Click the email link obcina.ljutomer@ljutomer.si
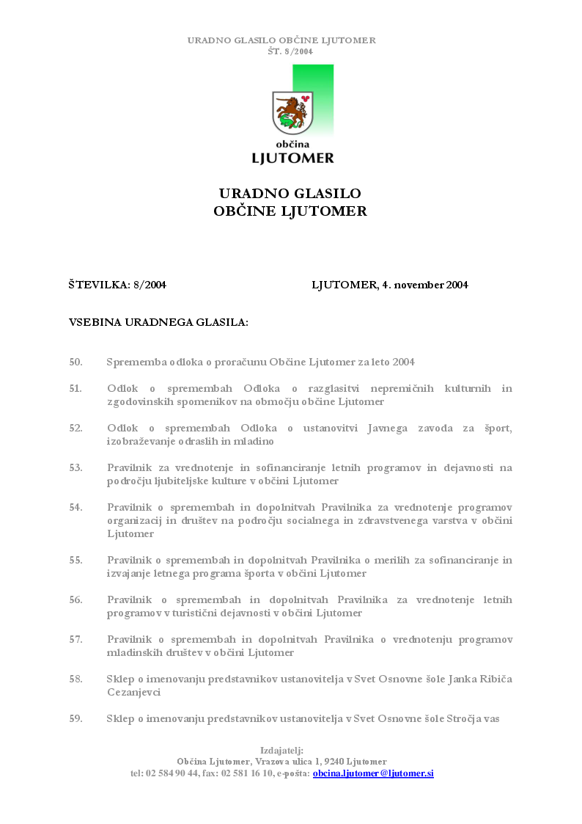(x=373, y=773)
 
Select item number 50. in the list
(x=75, y=362)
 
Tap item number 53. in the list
(x=75, y=467)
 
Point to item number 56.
(x=75, y=600)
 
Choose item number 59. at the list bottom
(x=75, y=719)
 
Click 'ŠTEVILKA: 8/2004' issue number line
(x=117, y=285)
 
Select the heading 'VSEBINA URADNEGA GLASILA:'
(x=158, y=322)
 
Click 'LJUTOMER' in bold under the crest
(x=292, y=158)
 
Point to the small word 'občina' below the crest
(x=292, y=145)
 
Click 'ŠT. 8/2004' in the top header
(x=290, y=51)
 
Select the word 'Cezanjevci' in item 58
(x=133, y=692)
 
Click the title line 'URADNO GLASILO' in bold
(x=290, y=194)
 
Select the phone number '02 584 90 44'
(x=172, y=773)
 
